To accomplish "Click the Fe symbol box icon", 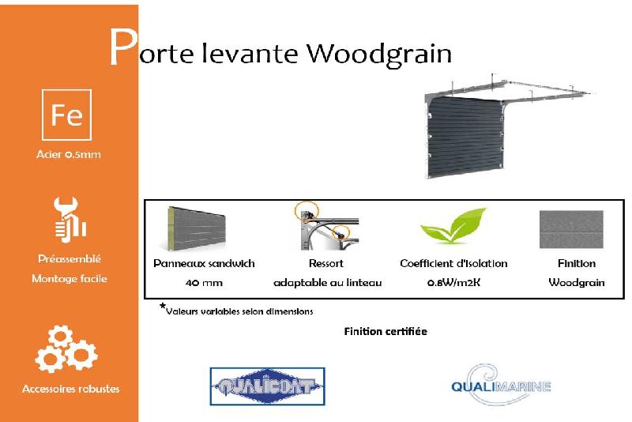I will tap(66, 115).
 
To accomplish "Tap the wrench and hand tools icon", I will tap(68, 219).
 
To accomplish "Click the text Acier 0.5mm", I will tap(69, 155).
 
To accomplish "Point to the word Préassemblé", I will tap(70, 258).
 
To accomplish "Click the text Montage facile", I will tap(70, 278).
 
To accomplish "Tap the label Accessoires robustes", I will tap(71, 389).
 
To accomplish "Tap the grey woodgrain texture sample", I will tap(570, 229).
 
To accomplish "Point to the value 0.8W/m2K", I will tap(453, 282).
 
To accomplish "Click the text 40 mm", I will tap(204, 282).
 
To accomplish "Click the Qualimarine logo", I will tap(499, 386).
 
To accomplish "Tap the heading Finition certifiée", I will tap(386, 331).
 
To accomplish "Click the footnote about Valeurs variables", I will tap(237, 311).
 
